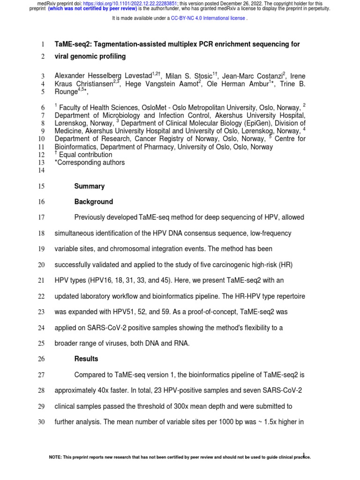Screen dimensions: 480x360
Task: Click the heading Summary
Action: pos(90,186)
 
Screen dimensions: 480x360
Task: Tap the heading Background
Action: pos(94,202)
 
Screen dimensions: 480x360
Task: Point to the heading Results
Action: pos(87,359)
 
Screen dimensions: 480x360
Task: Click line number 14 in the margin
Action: pos(41,171)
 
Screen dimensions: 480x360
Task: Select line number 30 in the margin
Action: pos(41,422)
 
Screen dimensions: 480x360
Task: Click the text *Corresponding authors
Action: pos(90,163)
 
